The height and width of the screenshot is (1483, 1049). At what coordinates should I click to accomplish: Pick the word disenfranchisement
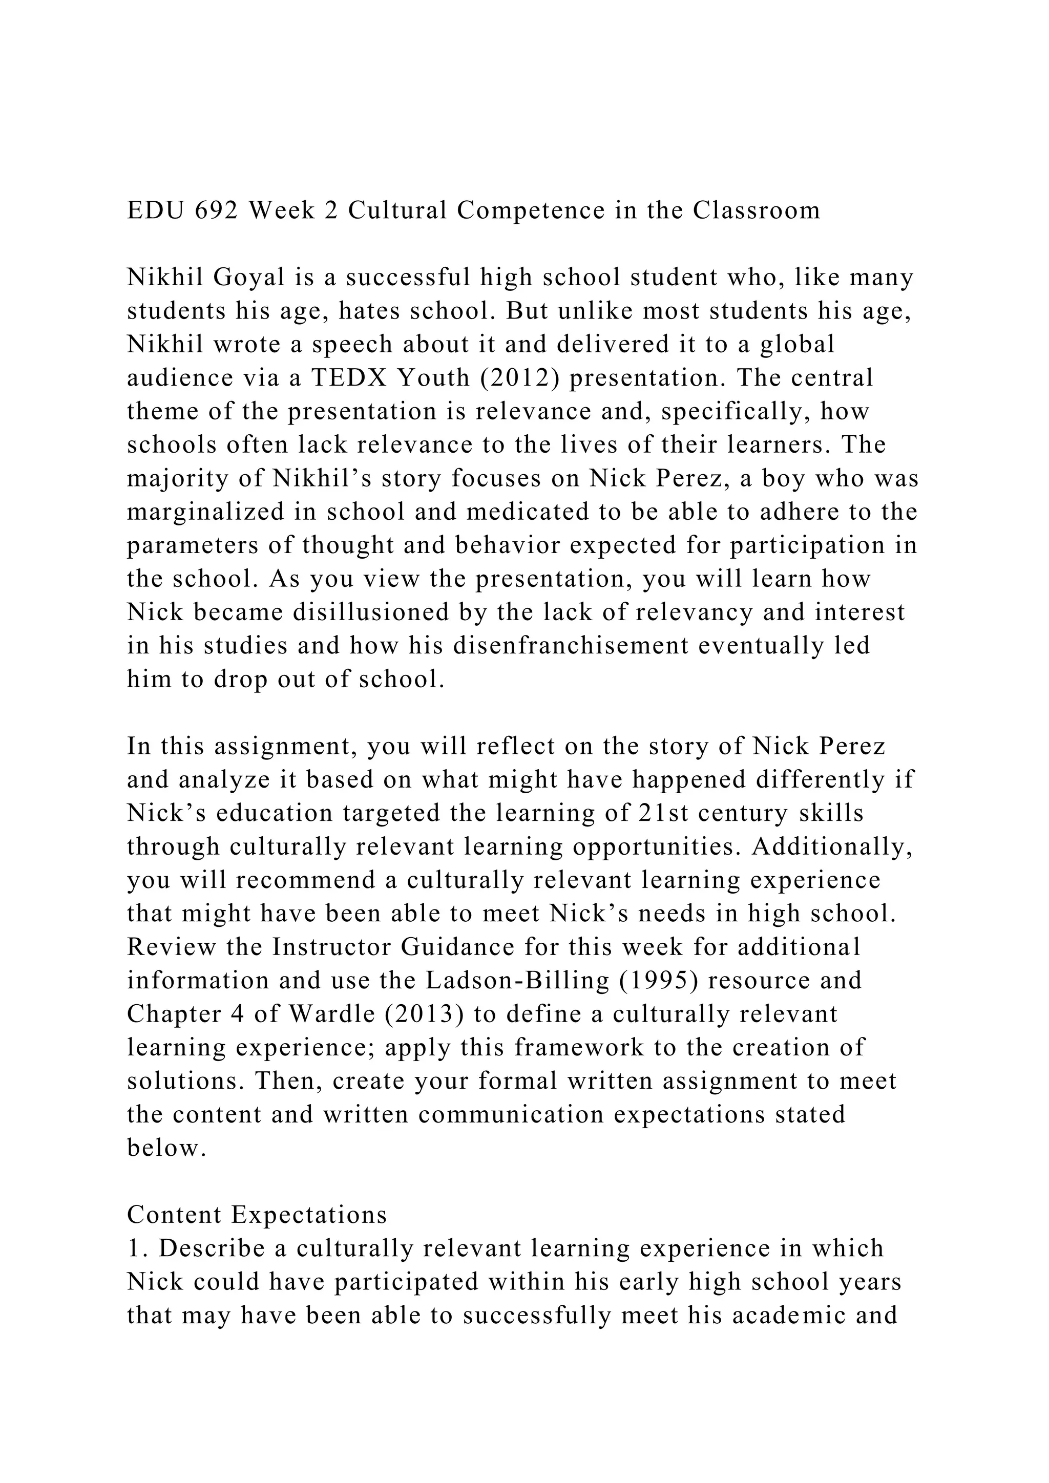(571, 646)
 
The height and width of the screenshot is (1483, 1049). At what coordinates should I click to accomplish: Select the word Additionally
(832, 847)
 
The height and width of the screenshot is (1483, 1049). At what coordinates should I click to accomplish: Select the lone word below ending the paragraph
(166, 1148)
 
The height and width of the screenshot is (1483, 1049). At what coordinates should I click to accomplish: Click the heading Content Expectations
(257, 1215)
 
